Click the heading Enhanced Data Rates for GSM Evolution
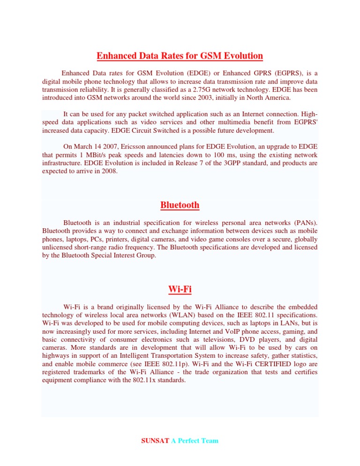[180, 56]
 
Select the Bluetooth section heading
[180, 205]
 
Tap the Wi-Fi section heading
[180, 289]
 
